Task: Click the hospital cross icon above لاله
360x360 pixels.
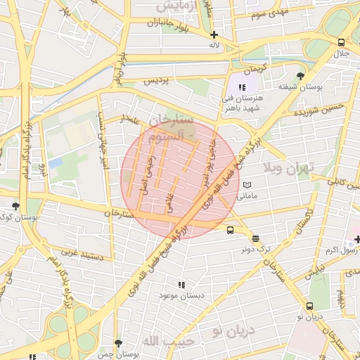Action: click(214, 34)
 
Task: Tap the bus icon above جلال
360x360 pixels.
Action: click(341, 41)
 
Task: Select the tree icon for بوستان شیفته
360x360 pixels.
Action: click(301, 76)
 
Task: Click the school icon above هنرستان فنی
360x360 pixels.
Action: click(242, 87)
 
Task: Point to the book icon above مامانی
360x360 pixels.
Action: click(246, 185)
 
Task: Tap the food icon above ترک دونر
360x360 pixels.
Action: click(255, 238)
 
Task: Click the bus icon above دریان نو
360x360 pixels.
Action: click(309, 306)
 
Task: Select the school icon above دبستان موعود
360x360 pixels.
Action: click(181, 285)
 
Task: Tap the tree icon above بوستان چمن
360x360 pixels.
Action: click(118, 343)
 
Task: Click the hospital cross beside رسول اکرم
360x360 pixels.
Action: click(357, 240)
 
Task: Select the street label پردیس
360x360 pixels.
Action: click(157, 82)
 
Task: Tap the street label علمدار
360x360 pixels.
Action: click(131, 120)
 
